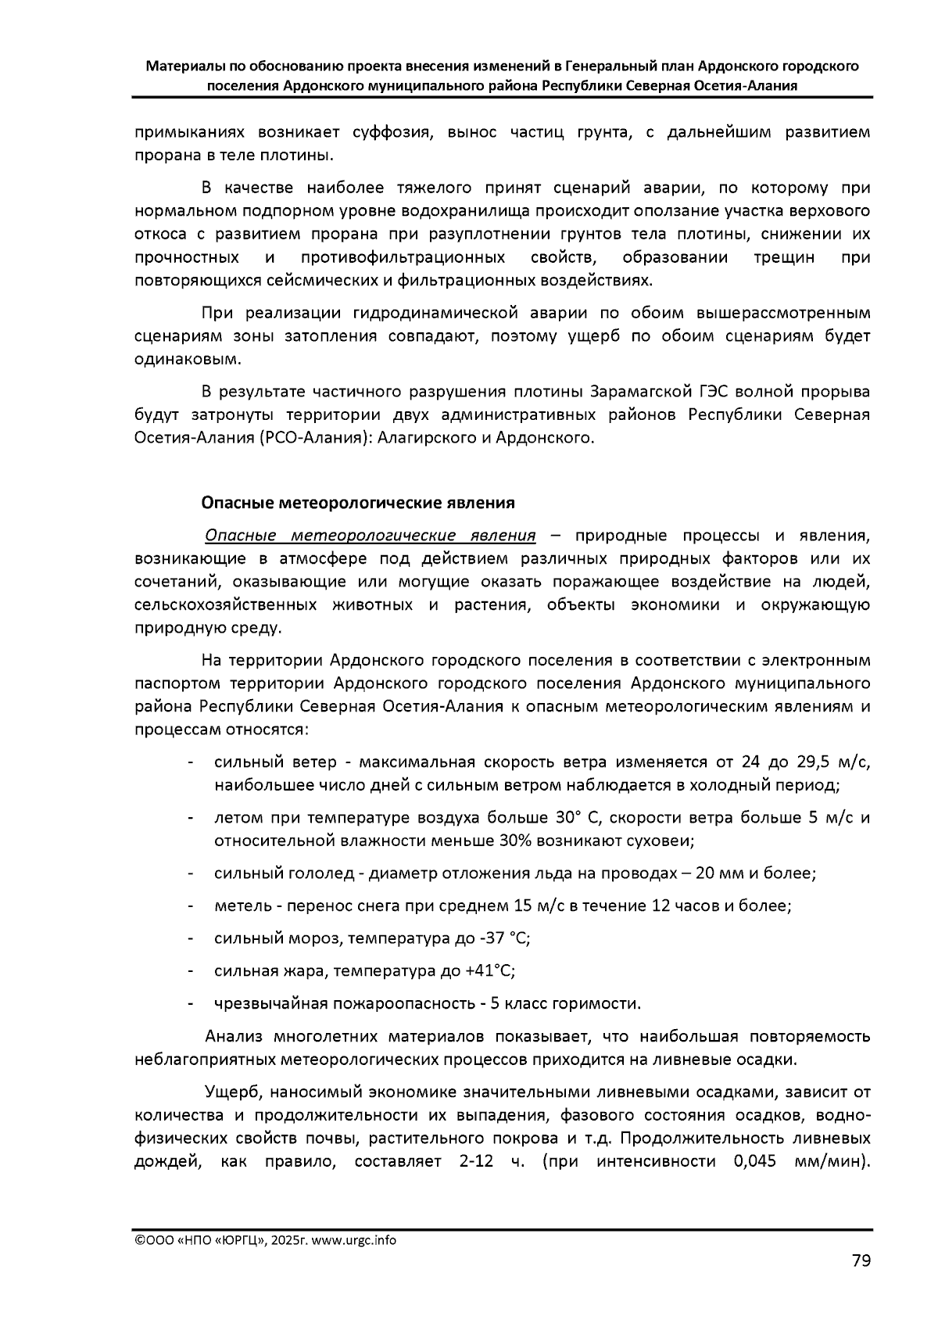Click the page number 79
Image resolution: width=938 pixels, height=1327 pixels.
(x=861, y=1260)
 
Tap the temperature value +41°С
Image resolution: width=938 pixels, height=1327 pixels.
(x=489, y=970)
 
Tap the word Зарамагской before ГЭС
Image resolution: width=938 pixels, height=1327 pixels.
(x=637, y=391)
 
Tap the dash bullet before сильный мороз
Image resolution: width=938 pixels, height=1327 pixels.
(x=191, y=938)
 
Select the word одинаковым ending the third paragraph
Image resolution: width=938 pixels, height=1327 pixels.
(x=184, y=359)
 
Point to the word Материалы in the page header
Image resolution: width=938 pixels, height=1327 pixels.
(x=183, y=66)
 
